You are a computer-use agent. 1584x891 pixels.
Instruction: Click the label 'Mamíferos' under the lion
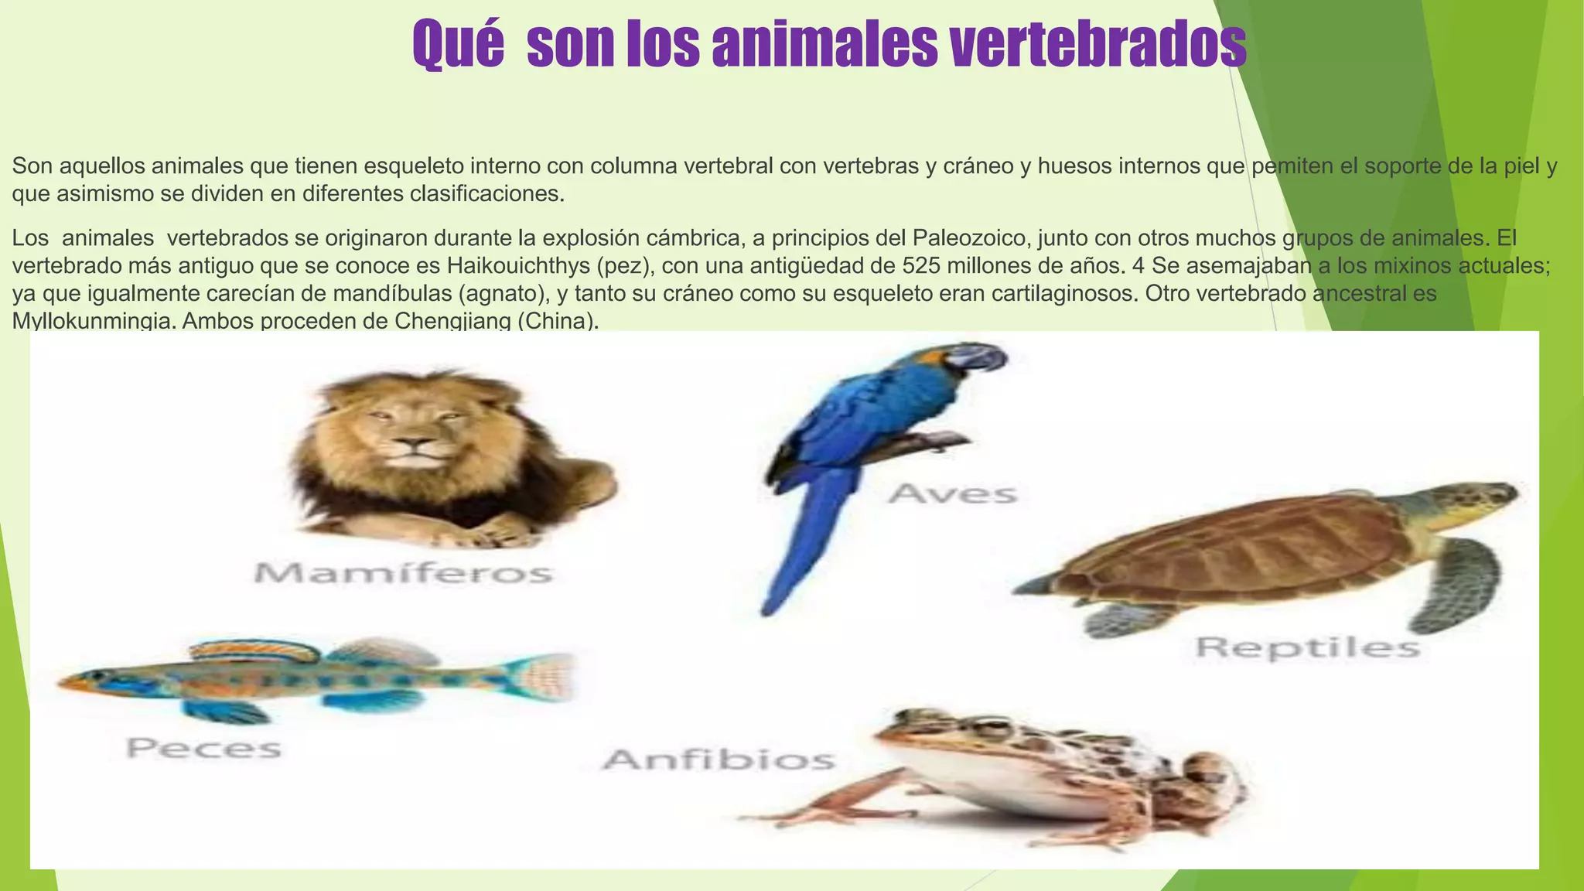(x=404, y=573)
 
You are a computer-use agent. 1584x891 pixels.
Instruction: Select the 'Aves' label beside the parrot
(x=953, y=493)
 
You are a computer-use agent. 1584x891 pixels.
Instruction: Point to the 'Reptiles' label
(x=1308, y=647)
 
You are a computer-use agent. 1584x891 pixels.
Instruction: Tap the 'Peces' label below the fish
(x=204, y=748)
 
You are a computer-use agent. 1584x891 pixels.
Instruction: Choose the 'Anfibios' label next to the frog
(x=719, y=760)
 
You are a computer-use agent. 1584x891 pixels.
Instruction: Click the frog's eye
(x=984, y=727)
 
